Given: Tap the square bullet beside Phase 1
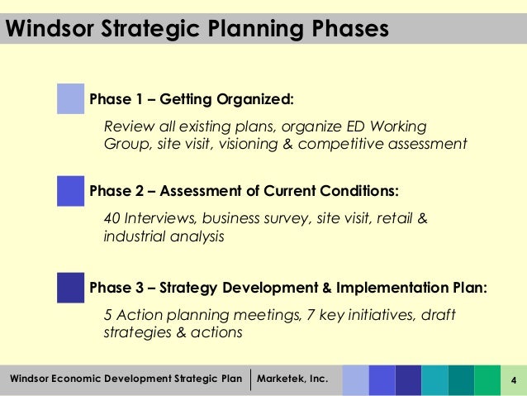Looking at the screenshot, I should pos(71,99).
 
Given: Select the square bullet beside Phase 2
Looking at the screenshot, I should pos(71,191).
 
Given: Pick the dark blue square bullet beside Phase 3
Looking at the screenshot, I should pos(71,288).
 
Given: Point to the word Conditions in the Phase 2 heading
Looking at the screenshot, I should pos(356,192).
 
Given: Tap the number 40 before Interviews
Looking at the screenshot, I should pos(112,219).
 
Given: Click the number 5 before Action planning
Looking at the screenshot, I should pos(108,316).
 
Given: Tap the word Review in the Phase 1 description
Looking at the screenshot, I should pos(126,126).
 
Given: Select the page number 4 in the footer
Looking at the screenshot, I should pos(514,380).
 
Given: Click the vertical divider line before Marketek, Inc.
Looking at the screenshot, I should pos(250,379).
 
